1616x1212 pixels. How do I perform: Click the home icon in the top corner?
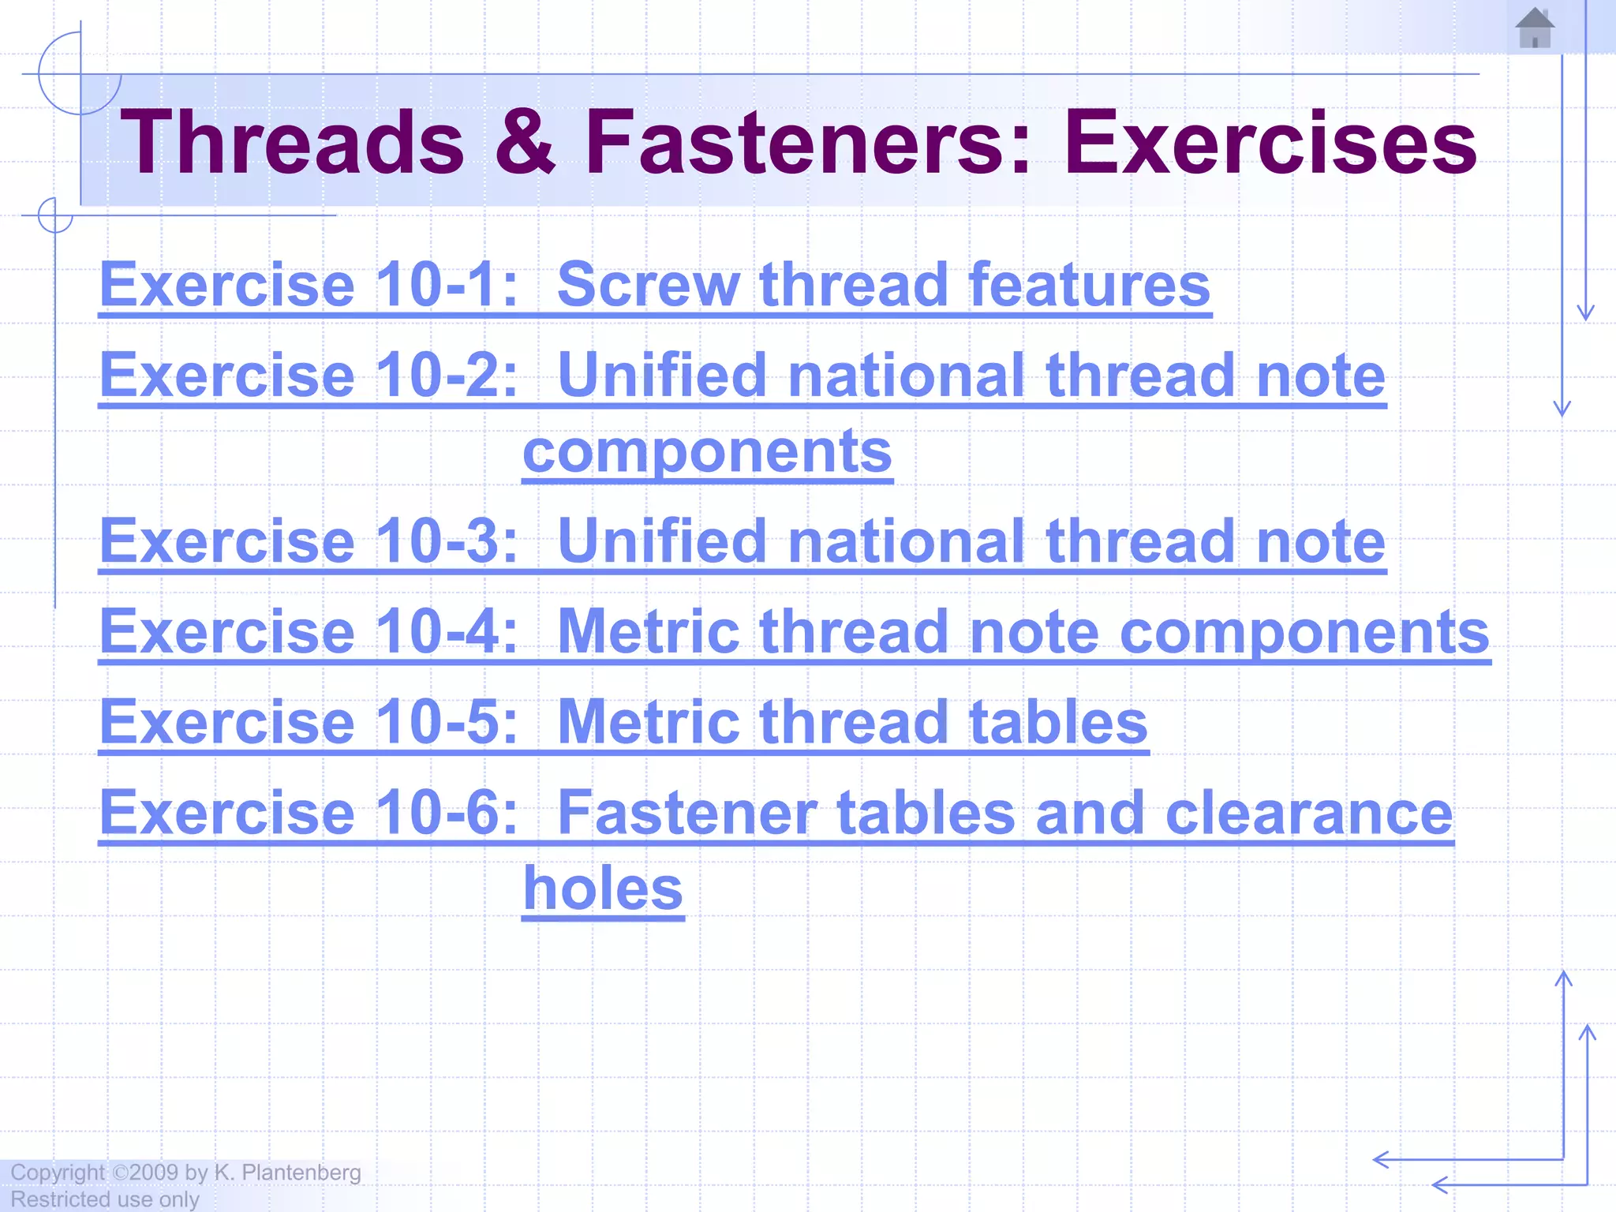tap(1535, 28)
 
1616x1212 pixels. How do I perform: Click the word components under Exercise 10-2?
tap(707, 451)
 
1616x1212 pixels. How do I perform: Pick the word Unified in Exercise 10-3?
tap(661, 541)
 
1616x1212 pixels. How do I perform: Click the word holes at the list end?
tap(604, 888)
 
